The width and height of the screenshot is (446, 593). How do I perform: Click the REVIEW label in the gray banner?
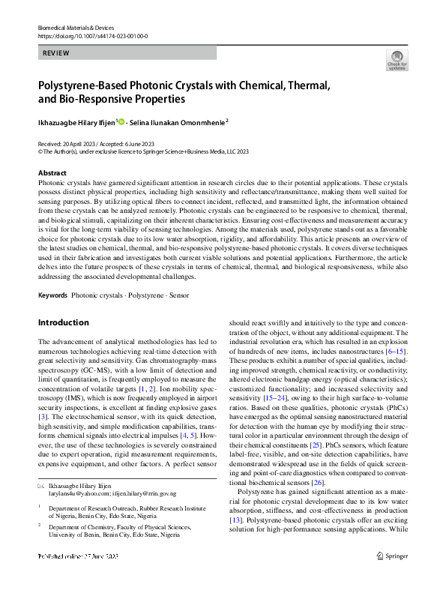[x=58, y=53]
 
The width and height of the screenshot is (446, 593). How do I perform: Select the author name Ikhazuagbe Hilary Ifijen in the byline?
[x=76, y=121]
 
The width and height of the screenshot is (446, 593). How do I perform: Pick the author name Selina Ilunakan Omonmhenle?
[x=177, y=121]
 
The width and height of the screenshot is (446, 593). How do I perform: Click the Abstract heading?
[x=52, y=173]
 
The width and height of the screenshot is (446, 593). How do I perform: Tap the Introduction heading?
[x=63, y=322]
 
